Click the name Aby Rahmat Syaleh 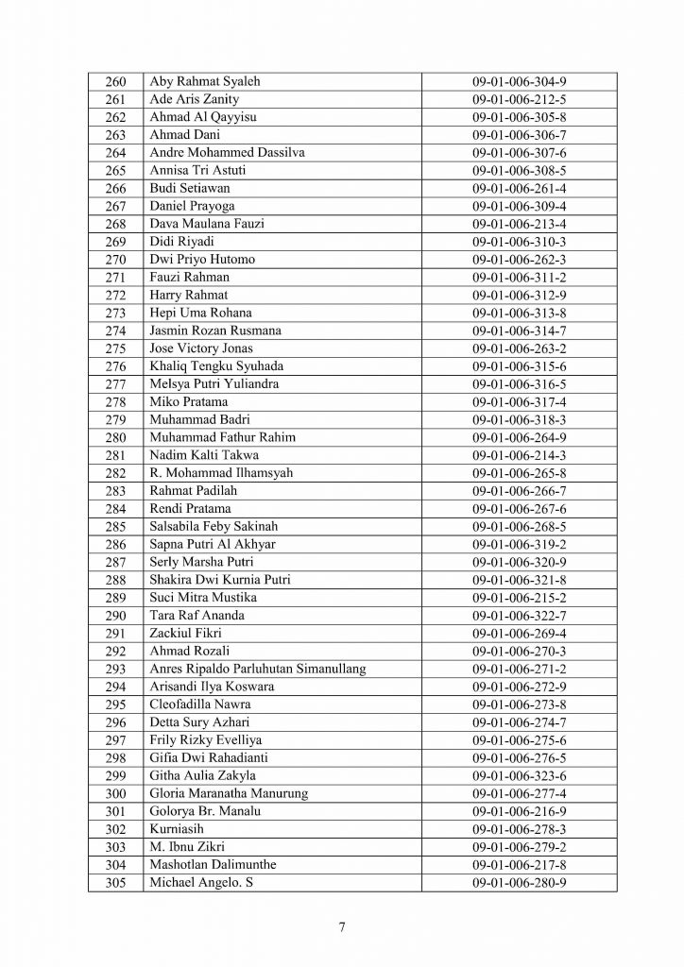click(x=205, y=81)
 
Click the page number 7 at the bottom click(x=342, y=926)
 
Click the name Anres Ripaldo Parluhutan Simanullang click(x=258, y=669)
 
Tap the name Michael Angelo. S click(x=202, y=882)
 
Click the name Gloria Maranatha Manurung click(x=229, y=793)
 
